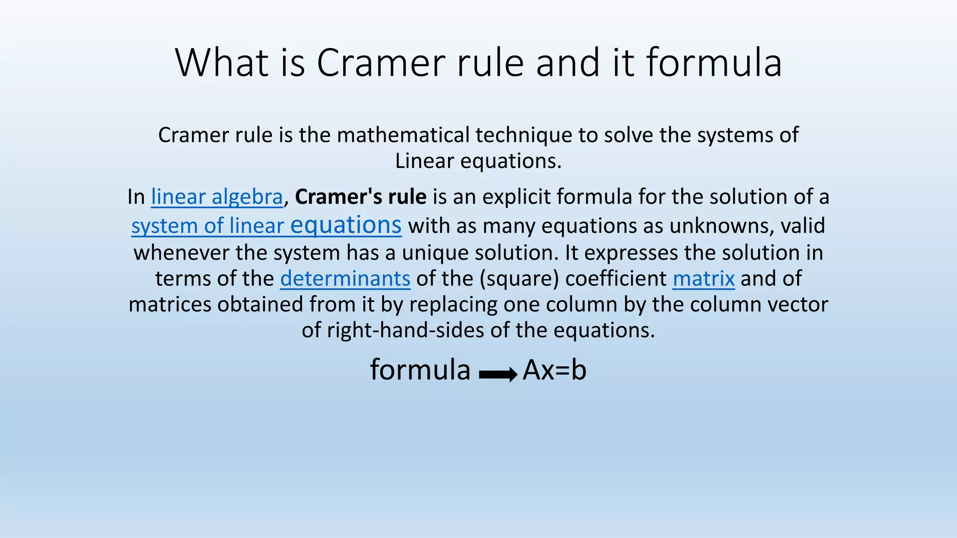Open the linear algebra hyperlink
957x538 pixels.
217,197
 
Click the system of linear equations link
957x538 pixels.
266,226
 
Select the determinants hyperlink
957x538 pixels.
345,279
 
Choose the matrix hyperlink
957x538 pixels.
703,279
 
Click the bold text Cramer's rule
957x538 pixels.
360,197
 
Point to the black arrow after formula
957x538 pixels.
498,374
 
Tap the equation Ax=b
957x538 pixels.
554,370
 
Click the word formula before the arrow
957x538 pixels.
420,370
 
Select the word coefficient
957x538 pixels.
616,279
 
